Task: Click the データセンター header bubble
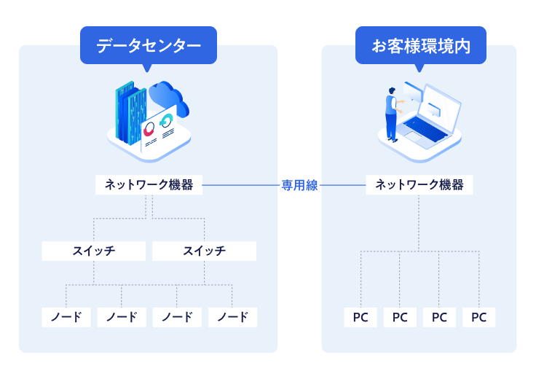click(x=149, y=45)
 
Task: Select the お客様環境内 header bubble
click(x=421, y=45)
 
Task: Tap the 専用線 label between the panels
click(x=299, y=185)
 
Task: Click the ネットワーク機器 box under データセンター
click(x=149, y=185)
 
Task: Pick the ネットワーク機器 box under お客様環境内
click(x=419, y=185)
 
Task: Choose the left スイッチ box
click(x=94, y=251)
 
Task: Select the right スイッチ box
click(x=204, y=251)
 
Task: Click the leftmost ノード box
click(x=66, y=317)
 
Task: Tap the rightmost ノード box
click(x=232, y=317)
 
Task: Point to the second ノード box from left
click(x=122, y=317)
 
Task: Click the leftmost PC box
click(x=360, y=317)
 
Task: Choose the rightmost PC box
click(x=478, y=317)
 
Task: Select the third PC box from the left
click(x=439, y=317)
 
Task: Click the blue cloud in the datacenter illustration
click(x=169, y=97)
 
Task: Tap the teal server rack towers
click(x=130, y=112)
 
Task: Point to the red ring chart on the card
click(x=149, y=130)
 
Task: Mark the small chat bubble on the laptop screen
click(x=433, y=109)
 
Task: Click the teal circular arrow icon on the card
click(x=166, y=120)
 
